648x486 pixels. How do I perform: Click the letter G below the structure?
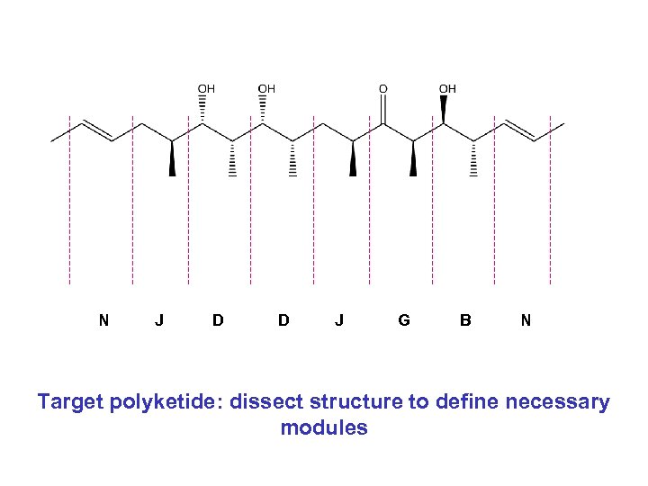(x=404, y=319)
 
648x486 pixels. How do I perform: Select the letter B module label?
(x=464, y=319)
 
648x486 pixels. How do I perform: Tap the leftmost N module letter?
(x=104, y=319)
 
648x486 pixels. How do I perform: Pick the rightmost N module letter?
(x=526, y=319)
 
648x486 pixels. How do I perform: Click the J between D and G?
(x=338, y=319)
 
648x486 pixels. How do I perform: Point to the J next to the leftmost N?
(x=159, y=319)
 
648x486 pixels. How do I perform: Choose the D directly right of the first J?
(x=218, y=319)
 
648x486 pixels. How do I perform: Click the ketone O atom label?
(x=383, y=88)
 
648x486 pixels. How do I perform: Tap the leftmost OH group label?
(x=206, y=88)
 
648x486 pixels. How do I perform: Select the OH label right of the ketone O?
(x=447, y=88)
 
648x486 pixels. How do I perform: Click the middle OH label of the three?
(x=266, y=88)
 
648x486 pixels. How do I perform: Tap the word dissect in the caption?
(x=265, y=402)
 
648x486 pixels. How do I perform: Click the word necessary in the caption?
(x=559, y=402)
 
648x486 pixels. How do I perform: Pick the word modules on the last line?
(x=324, y=427)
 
